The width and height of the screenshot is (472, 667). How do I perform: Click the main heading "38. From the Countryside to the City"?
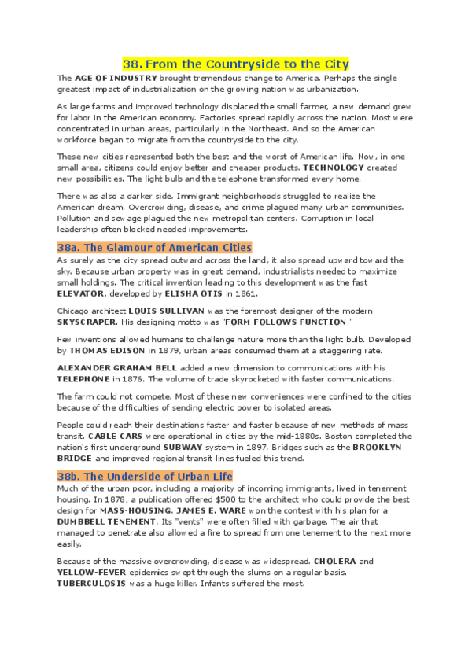[x=236, y=64]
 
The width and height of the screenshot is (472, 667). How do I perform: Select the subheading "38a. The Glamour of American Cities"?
[x=155, y=248]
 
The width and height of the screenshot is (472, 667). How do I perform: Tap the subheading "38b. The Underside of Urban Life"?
[x=145, y=477]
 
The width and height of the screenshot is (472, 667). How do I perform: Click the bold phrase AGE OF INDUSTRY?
[x=116, y=79]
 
